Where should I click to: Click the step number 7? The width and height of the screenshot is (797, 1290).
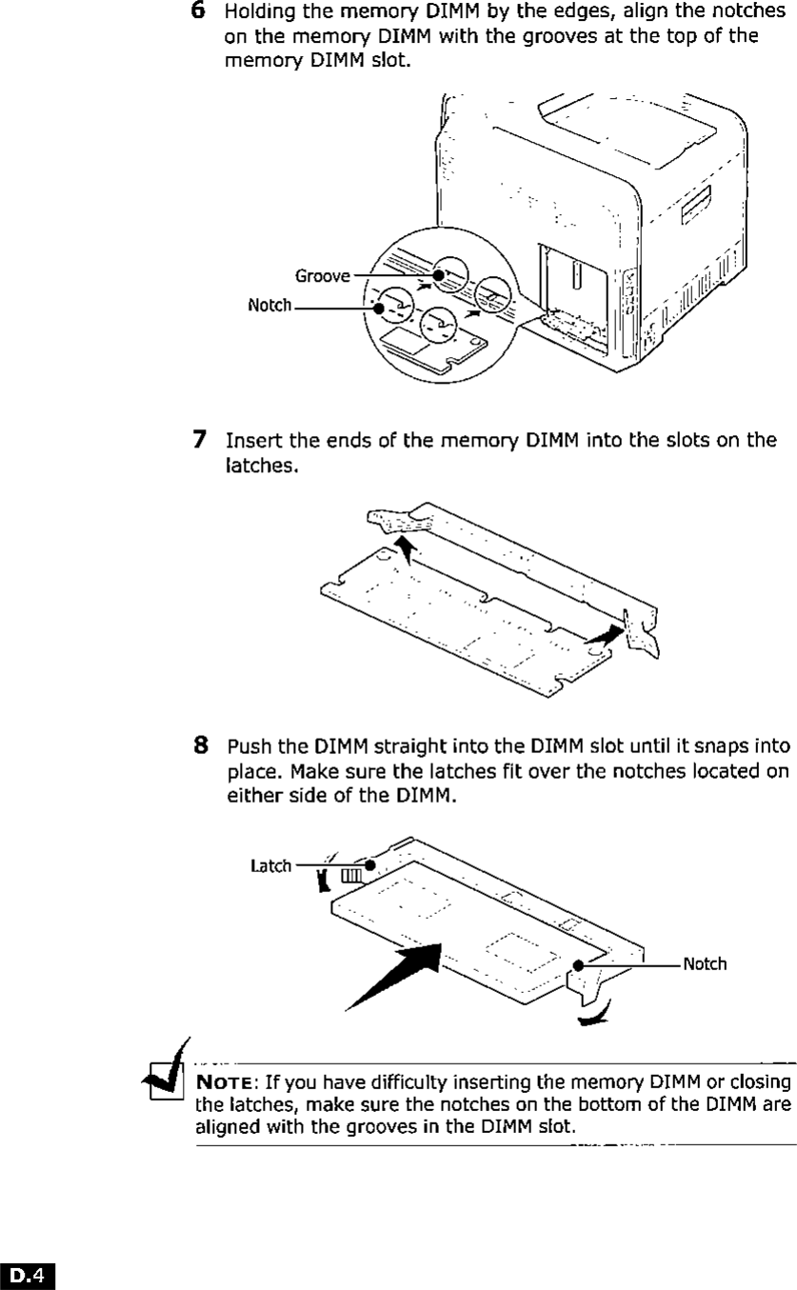click(200, 440)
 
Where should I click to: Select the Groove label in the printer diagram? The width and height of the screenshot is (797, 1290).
click(323, 276)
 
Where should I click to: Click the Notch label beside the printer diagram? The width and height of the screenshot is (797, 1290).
click(269, 307)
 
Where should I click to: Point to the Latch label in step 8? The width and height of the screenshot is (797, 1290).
click(271, 866)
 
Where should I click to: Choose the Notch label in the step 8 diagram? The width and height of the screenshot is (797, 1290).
click(704, 964)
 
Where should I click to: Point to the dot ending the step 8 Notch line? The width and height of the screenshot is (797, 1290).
click(578, 965)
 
